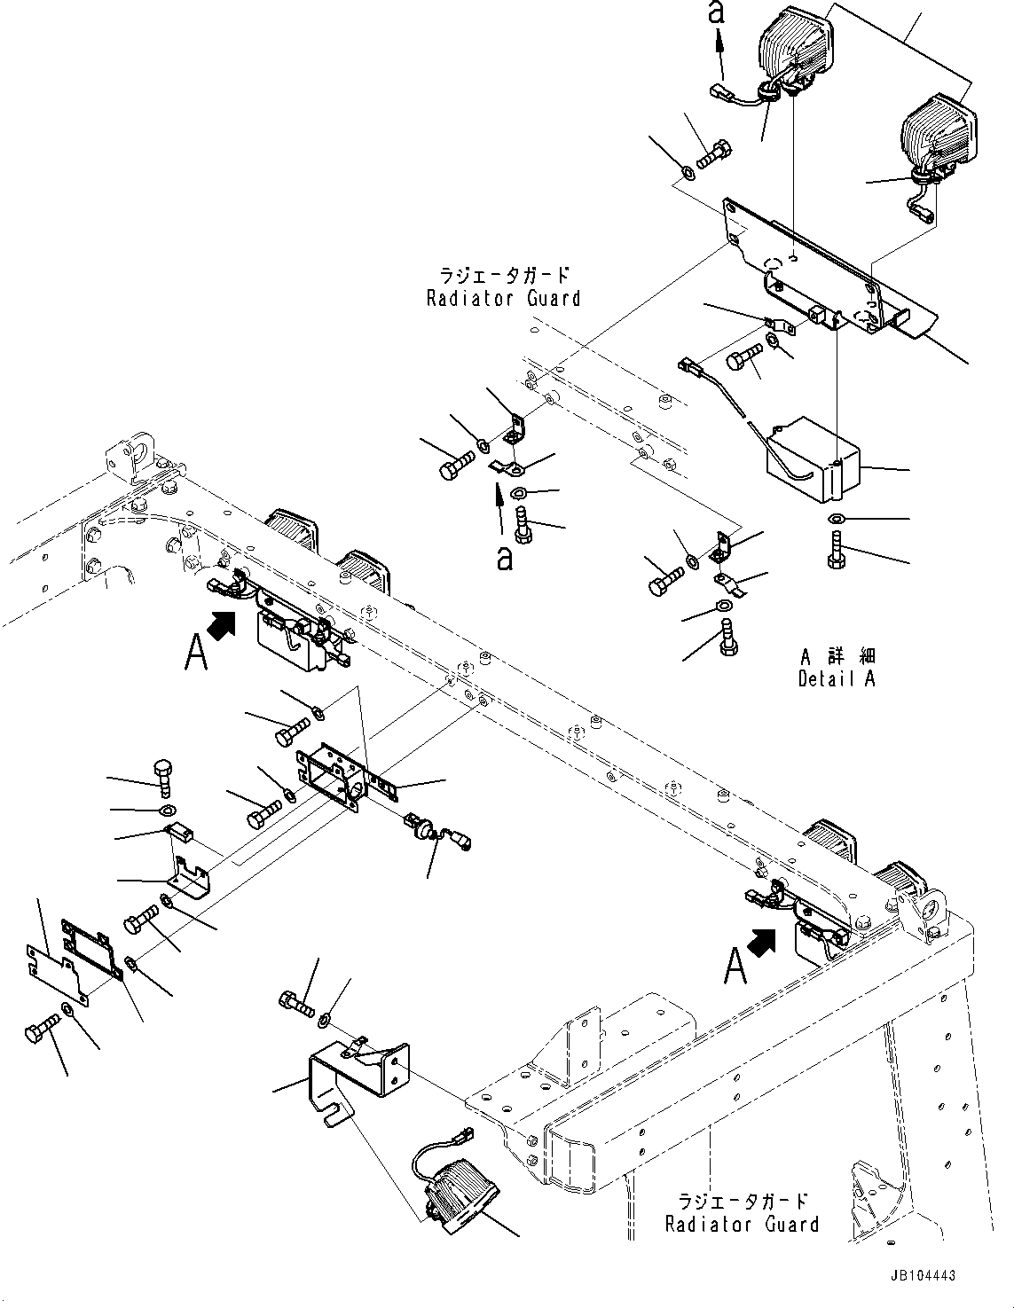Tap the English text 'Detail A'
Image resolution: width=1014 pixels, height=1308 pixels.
coord(837,679)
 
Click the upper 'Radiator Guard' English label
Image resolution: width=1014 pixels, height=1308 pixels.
coord(503,299)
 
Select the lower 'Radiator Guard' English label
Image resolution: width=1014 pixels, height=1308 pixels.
coord(742,1225)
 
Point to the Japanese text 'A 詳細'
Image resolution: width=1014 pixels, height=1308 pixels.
coord(837,656)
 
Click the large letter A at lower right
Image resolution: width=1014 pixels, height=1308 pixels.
coord(735,968)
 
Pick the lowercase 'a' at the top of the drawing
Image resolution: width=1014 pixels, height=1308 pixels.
coord(719,12)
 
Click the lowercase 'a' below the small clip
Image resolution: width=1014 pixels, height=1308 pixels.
coord(504,559)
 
